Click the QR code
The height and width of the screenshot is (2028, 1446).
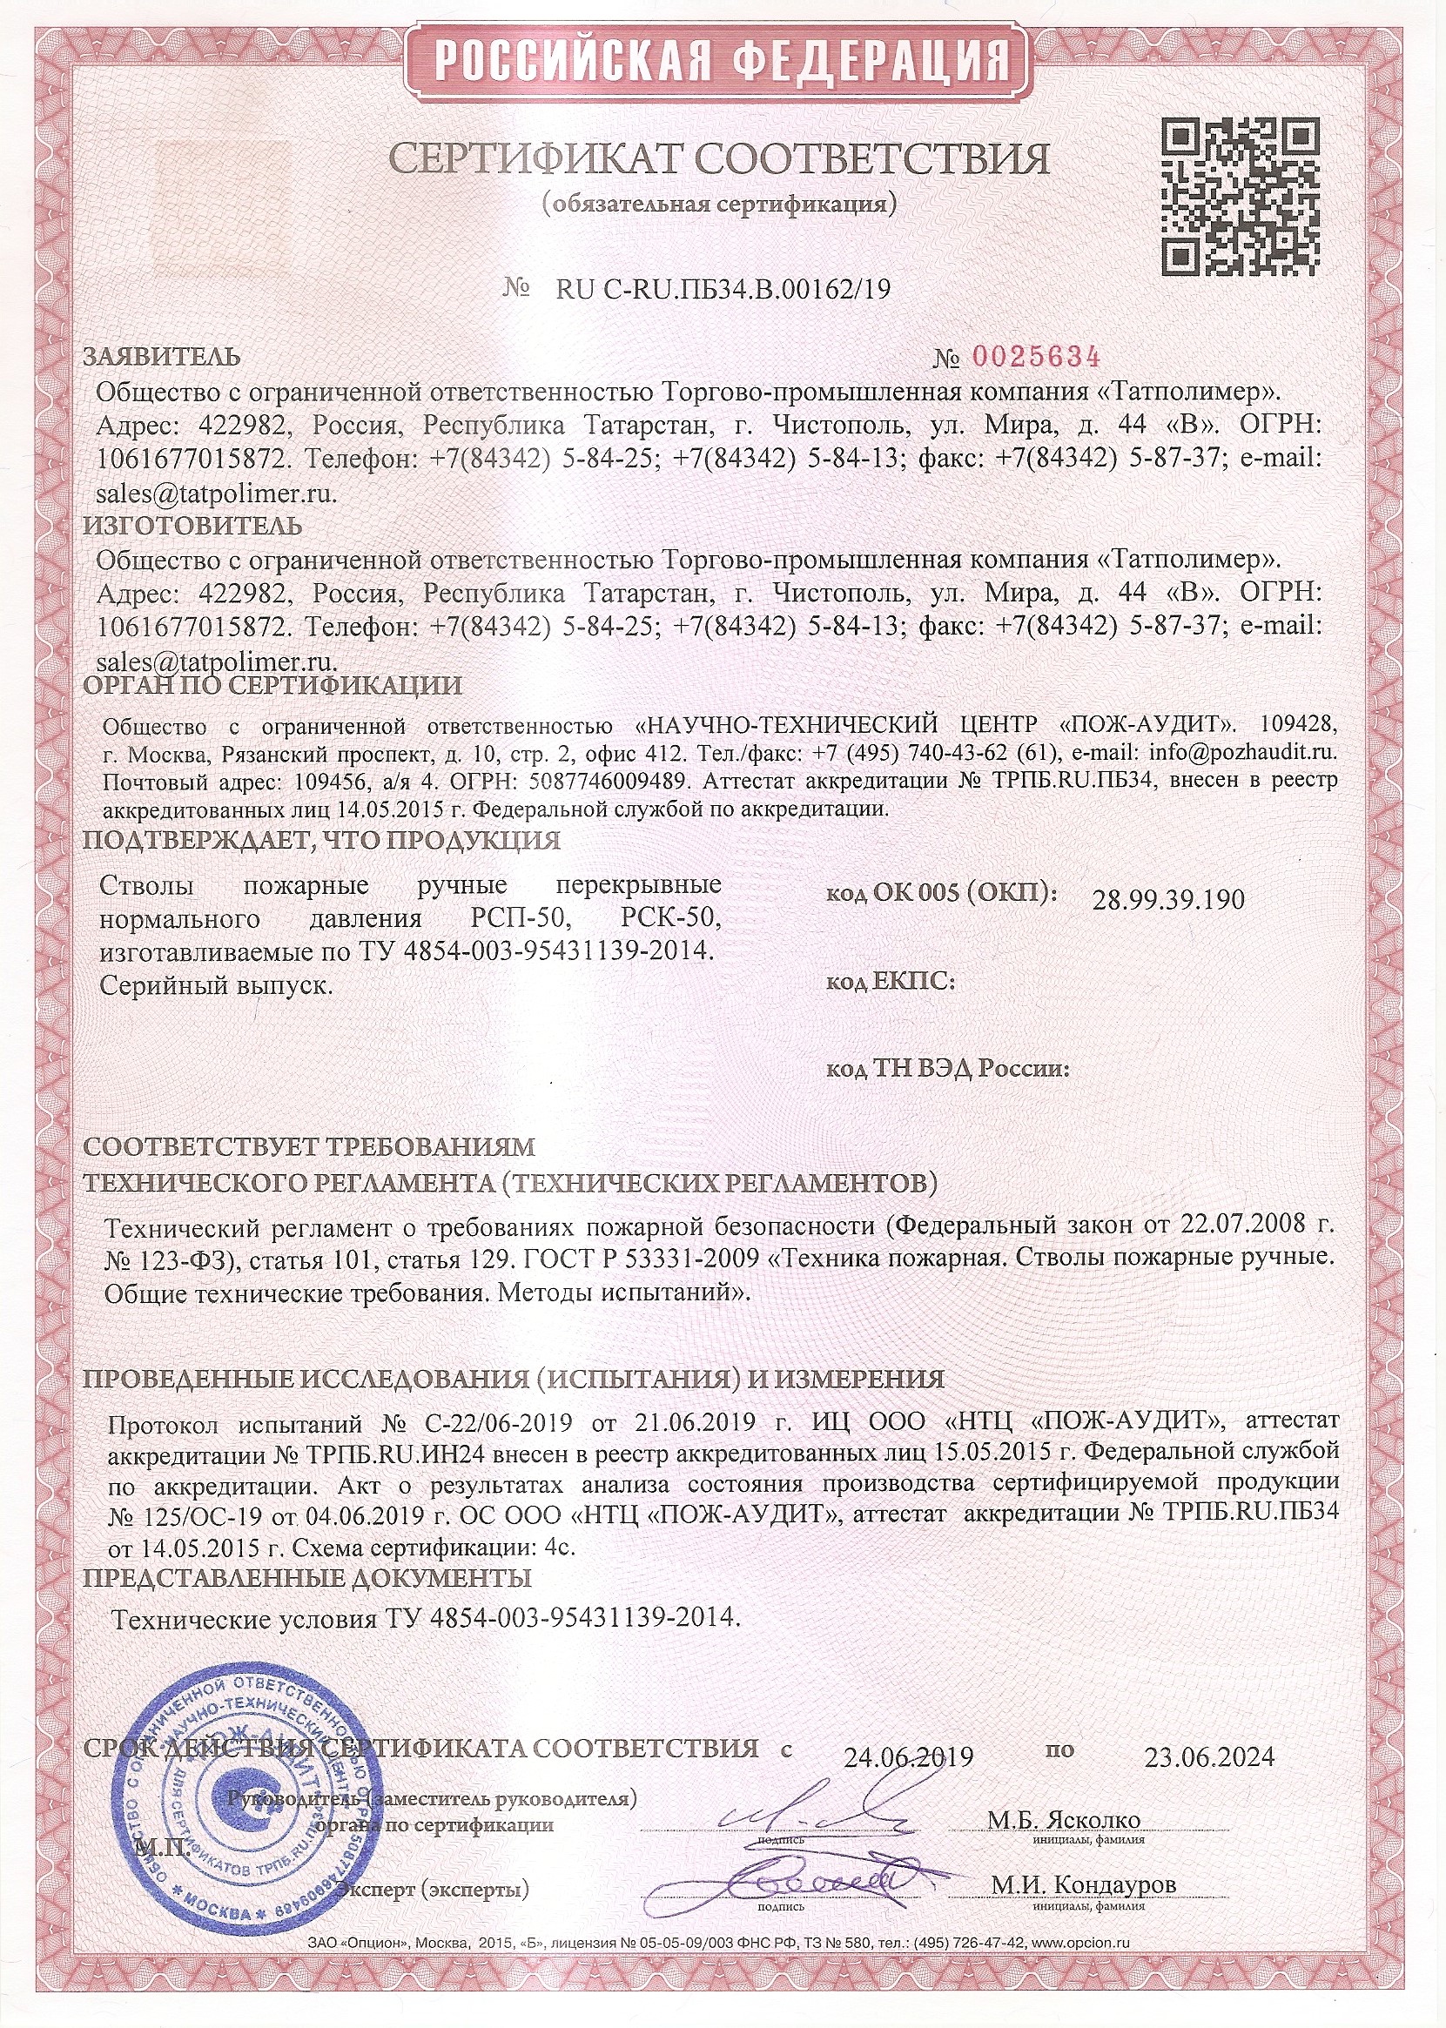coord(1241,196)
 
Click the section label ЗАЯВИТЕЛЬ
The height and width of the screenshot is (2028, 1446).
coord(161,357)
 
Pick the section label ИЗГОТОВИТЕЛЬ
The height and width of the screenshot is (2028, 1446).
coord(192,525)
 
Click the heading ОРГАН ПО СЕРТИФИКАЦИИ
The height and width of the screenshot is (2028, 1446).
coord(272,686)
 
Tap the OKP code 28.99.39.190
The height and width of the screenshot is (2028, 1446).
coord(1167,900)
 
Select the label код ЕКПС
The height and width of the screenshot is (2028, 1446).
coord(891,981)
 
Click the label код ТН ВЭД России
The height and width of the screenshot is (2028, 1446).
coord(948,1068)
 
